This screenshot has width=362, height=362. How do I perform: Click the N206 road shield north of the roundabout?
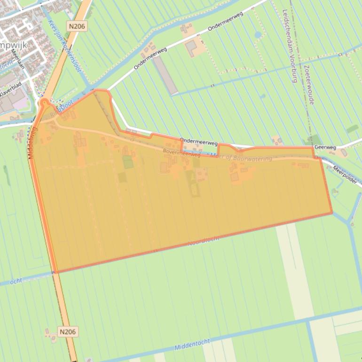tap(76, 26)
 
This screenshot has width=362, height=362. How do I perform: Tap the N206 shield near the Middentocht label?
tap(68, 332)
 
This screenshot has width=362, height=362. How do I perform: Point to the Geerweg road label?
tap(325, 147)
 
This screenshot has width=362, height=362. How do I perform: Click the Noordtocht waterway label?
tap(204, 242)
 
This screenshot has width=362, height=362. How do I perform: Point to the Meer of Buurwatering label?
tap(243, 158)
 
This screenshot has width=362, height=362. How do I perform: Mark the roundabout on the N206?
tap(45, 102)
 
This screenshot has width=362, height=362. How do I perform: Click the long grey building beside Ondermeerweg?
tap(165, 75)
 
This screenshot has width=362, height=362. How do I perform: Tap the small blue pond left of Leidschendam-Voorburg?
tap(258, 35)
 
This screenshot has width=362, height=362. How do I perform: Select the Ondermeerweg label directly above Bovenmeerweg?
tap(198, 141)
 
